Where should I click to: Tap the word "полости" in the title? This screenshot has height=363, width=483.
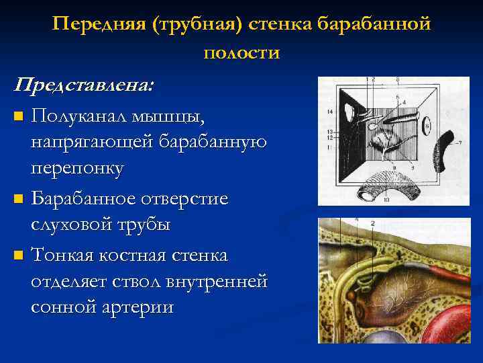pos(241,52)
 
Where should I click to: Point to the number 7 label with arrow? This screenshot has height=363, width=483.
pos(461,143)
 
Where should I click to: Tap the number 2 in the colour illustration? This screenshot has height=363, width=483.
pos(372,223)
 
